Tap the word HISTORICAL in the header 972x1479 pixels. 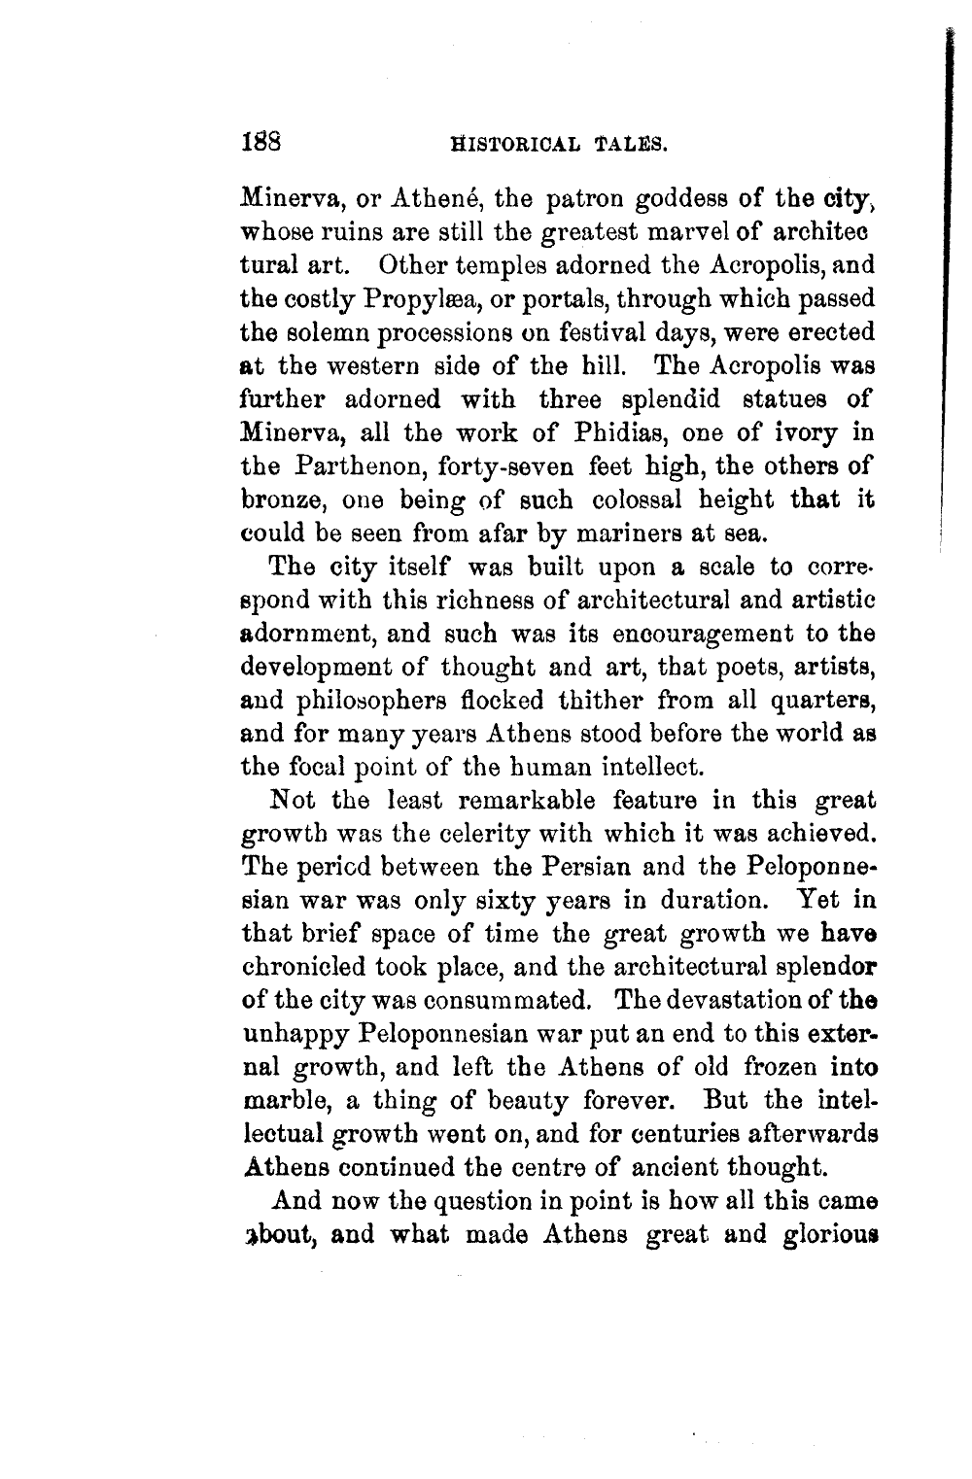(502, 146)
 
